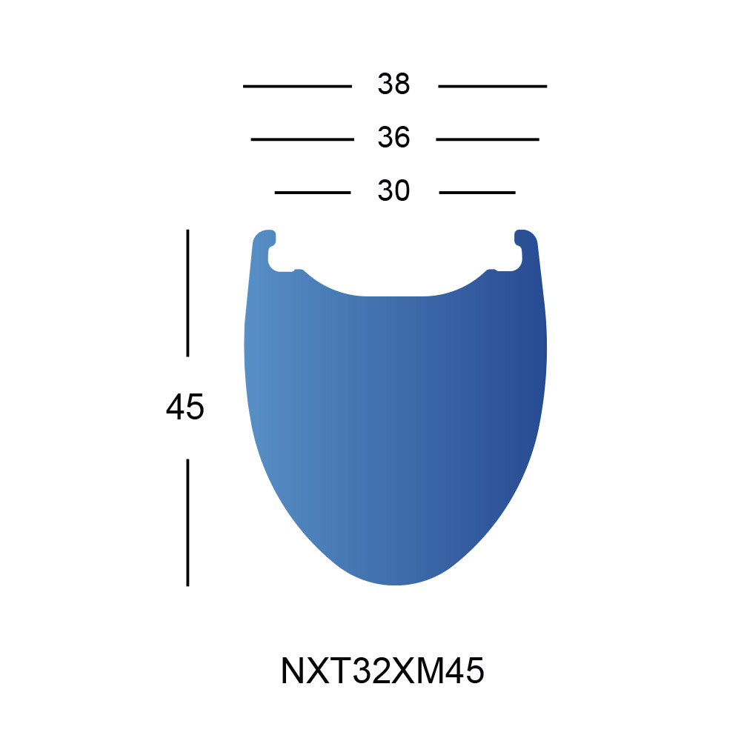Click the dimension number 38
(x=393, y=84)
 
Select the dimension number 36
(x=393, y=138)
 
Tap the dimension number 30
(x=393, y=191)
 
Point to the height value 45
(x=185, y=407)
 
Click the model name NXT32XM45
(x=382, y=671)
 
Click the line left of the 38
(x=297, y=87)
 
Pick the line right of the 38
(x=493, y=87)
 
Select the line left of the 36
(x=302, y=139)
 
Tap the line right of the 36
(x=488, y=139)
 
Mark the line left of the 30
(x=313, y=193)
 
